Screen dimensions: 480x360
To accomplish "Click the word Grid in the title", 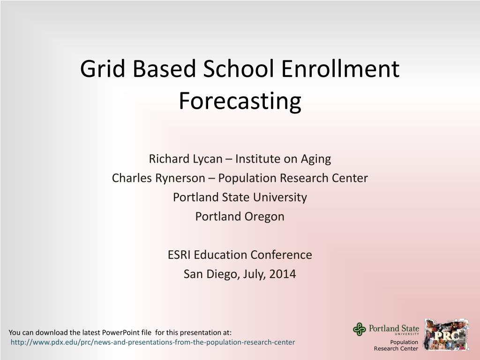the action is pyautogui.click(x=103, y=68).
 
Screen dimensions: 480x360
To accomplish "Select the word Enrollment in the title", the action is pyautogui.click(x=340, y=68).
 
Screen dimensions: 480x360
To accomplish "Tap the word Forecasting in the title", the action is pyautogui.click(x=240, y=101).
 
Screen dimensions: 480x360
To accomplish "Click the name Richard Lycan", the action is pyautogui.click(x=186, y=159).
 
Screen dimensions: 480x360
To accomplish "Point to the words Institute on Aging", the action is pyautogui.click(x=283, y=159).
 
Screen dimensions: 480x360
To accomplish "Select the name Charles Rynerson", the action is pyautogui.click(x=158, y=178).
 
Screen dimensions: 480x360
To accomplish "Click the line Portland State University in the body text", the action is pyautogui.click(x=240, y=197).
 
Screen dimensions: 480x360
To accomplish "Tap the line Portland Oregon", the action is pyautogui.click(x=240, y=217).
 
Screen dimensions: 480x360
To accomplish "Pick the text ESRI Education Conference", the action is pyautogui.click(x=240, y=255).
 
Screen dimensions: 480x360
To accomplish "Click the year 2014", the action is pyautogui.click(x=283, y=274).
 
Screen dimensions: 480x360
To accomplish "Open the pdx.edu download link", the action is pyautogui.click(x=153, y=342).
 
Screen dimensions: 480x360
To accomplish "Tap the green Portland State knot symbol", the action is pyautogui.click(x=360, y=330).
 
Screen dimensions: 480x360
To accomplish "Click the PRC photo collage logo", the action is pyautogui.click(x=447, y=335).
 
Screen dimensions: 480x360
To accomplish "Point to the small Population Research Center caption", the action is pyautogui.click(x=396, y=345).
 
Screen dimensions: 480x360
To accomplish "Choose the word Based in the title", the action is pyautogui.click(x=164, y=68).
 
